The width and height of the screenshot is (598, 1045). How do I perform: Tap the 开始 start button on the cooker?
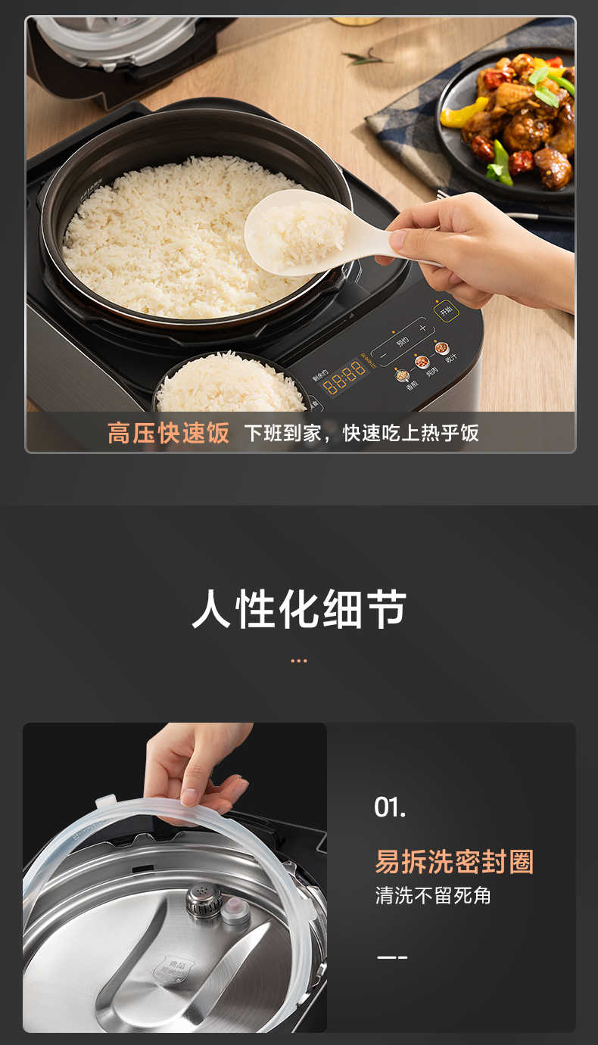447,310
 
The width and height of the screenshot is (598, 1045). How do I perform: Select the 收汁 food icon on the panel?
441,349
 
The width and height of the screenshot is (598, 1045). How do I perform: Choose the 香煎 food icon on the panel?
402,375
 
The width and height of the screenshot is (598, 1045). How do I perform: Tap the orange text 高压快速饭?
168,433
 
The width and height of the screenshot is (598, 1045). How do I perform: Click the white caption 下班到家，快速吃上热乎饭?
361,433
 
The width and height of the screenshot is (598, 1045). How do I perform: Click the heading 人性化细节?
299,609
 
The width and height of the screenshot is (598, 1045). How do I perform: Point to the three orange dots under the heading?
299,661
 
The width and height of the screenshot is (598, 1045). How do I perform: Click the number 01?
390,807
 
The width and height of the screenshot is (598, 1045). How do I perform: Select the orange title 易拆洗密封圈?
454,862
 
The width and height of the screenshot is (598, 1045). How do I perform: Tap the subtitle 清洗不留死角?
433,896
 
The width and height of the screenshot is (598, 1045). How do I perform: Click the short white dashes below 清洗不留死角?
392,957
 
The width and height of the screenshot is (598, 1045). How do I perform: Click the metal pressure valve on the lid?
204,900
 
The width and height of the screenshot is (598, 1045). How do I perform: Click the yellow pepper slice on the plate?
464,112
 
